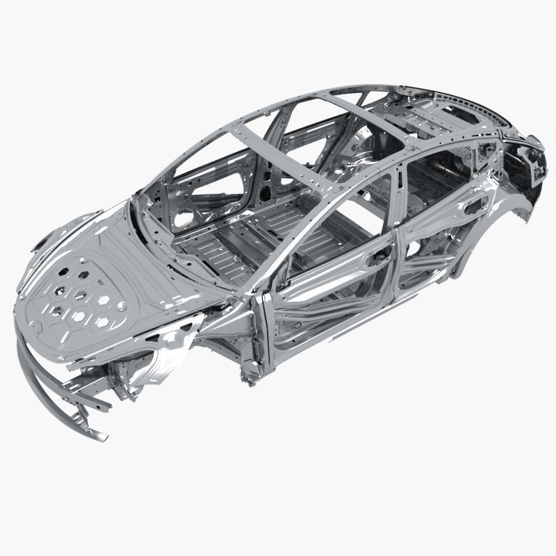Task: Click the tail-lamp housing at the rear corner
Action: (532, 163)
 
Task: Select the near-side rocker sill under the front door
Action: (327, 341)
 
